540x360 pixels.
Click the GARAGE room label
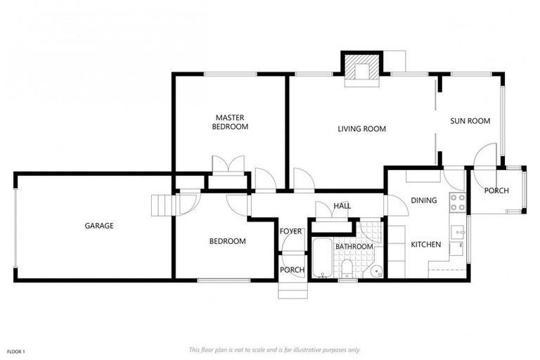(99, 226)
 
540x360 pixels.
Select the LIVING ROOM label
(361, 129)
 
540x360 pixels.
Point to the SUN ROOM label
(470, 121)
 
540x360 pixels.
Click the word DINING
(424, 200)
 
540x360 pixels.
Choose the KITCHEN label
(425, 245)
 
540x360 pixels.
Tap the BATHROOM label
(354, 247)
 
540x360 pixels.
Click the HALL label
(342, 206)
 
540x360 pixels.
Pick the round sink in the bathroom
(375, 270)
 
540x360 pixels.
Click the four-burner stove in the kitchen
(457, 202)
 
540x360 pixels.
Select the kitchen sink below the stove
(457, 230)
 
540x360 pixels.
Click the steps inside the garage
(161, 205)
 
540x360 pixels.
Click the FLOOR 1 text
(16, 351)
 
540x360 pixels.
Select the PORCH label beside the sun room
(496, 191)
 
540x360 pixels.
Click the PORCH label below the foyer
(292, 270)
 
